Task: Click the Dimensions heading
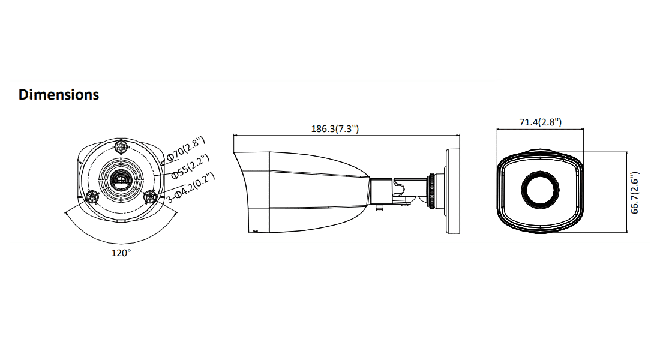pyautogui.click(x=59, y=95)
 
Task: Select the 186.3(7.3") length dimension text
pyautogui.click(x=335, y=128)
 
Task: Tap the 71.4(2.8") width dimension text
pyautogui.click(x=540, y=122)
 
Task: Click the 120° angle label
pyautogui.click(x=121, y=253)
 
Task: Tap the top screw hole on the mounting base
pyautogui.click(x=121, y=146)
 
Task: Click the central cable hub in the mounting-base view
pyautogui.click(x=121, y=179)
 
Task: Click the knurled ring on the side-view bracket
pyautogui.click(x=431, y=190)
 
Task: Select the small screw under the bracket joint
pyautogui.click(x=379, y=208)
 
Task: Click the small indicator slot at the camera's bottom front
pyautogui.click(x=254, y=230)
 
